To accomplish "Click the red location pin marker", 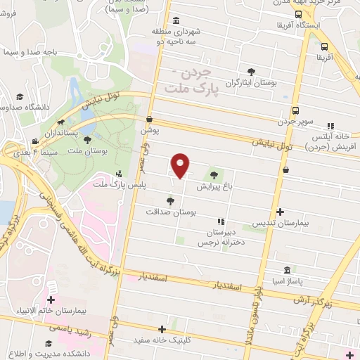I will (x=181, y=165).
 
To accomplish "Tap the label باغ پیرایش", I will (x=213, y=187).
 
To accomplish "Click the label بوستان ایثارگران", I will (x=252, y=83).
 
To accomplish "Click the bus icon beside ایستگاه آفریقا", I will (x=298, y=14).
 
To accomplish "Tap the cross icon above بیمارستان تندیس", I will (x=280, y=211).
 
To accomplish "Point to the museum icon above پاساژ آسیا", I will (x=287, y=270).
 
